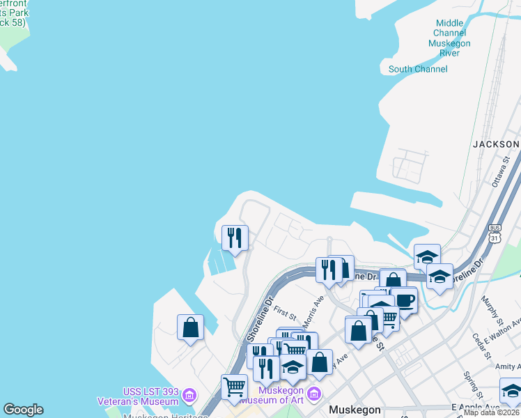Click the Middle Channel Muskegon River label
tap(450, 38)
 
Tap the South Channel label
tap(418, 69)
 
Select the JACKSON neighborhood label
tap(496, 144)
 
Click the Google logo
tap(23, 410)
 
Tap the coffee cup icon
tap(404, 300)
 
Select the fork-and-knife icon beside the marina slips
tap(235, 237)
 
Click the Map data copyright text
tap(492, 412)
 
